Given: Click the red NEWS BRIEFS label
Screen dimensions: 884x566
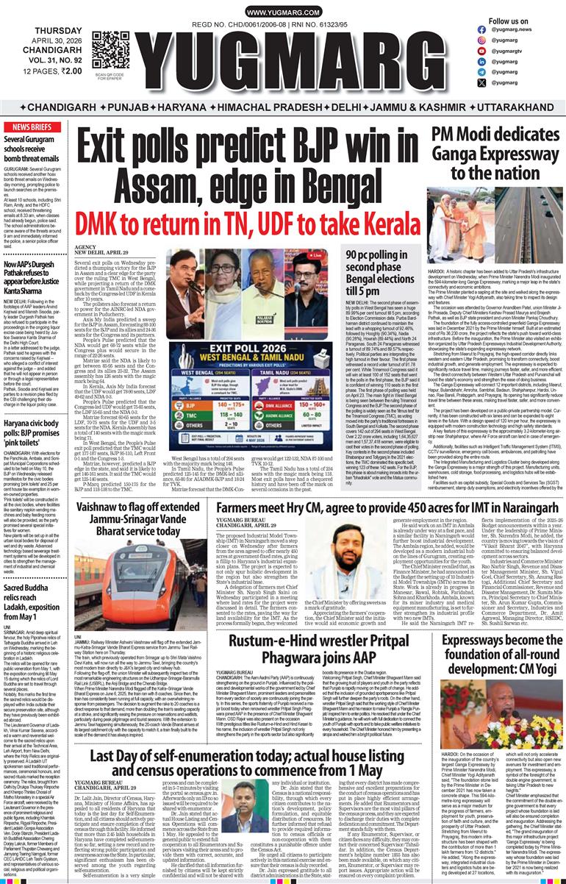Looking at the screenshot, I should (x=26, y=127).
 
